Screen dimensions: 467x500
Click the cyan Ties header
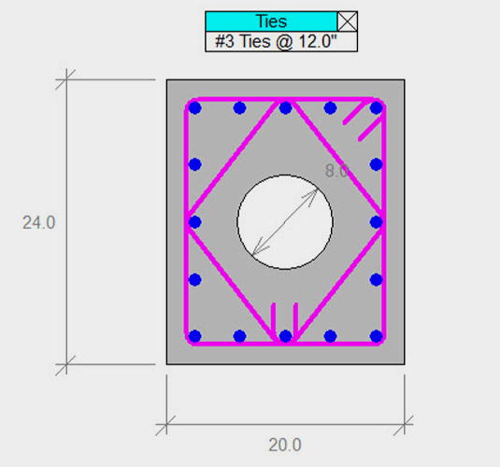click(x=271, y=21)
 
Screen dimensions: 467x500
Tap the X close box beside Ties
click(x=347, y=21)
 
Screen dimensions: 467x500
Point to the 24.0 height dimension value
click(x=39, y=222)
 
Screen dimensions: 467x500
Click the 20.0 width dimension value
click(x=285, y=445)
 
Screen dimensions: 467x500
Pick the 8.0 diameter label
click(x=336, y=171)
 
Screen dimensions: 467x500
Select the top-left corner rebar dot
click(x=194, y=108)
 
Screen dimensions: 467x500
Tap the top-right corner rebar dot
click(x=376, y=108)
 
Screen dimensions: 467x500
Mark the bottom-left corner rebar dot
click(x=194, y=335)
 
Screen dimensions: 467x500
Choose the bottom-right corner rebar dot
click(x=376, y=335)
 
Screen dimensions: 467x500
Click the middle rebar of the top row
click(x=285, y=108)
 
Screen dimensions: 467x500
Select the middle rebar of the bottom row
click(x=285, y=335)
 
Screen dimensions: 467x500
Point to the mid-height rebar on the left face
click(x=194, y=222)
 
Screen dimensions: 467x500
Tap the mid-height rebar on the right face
click(x=376, y=222)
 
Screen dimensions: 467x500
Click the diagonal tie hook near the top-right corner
click(x=353, y=115)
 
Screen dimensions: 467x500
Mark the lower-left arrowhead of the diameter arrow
click(x=256, y=253)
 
